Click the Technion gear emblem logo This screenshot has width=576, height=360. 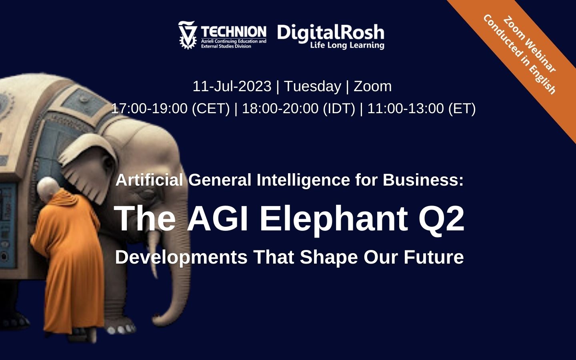click(187, 35)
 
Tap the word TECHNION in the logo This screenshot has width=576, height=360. click(234, 32)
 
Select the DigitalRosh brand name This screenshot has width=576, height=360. click(330, 32)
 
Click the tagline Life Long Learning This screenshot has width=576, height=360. click(347, 45)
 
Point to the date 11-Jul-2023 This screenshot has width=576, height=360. click(232, 86)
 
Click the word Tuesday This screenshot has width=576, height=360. click(312, 86)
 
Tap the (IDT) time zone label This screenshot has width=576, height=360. click(339, 108)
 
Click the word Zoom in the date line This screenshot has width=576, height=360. click(372, 86)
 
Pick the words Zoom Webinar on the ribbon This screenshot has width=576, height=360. click(529, 44)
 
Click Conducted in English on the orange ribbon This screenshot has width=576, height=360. click(519, 54)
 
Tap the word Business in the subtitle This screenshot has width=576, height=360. click(423, 180)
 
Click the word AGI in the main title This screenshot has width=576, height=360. click(218, 218)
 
